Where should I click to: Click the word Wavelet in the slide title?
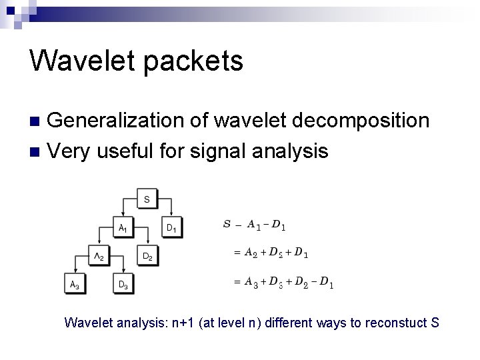(x=85, y=61)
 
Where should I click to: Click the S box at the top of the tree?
(x=146, y=199)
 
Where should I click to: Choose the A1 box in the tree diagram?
(x=123, y=227)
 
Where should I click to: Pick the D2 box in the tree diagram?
(x=147, y=256)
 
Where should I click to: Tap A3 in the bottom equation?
(x=251, y=282)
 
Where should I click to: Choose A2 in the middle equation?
(x=251, y=253)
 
